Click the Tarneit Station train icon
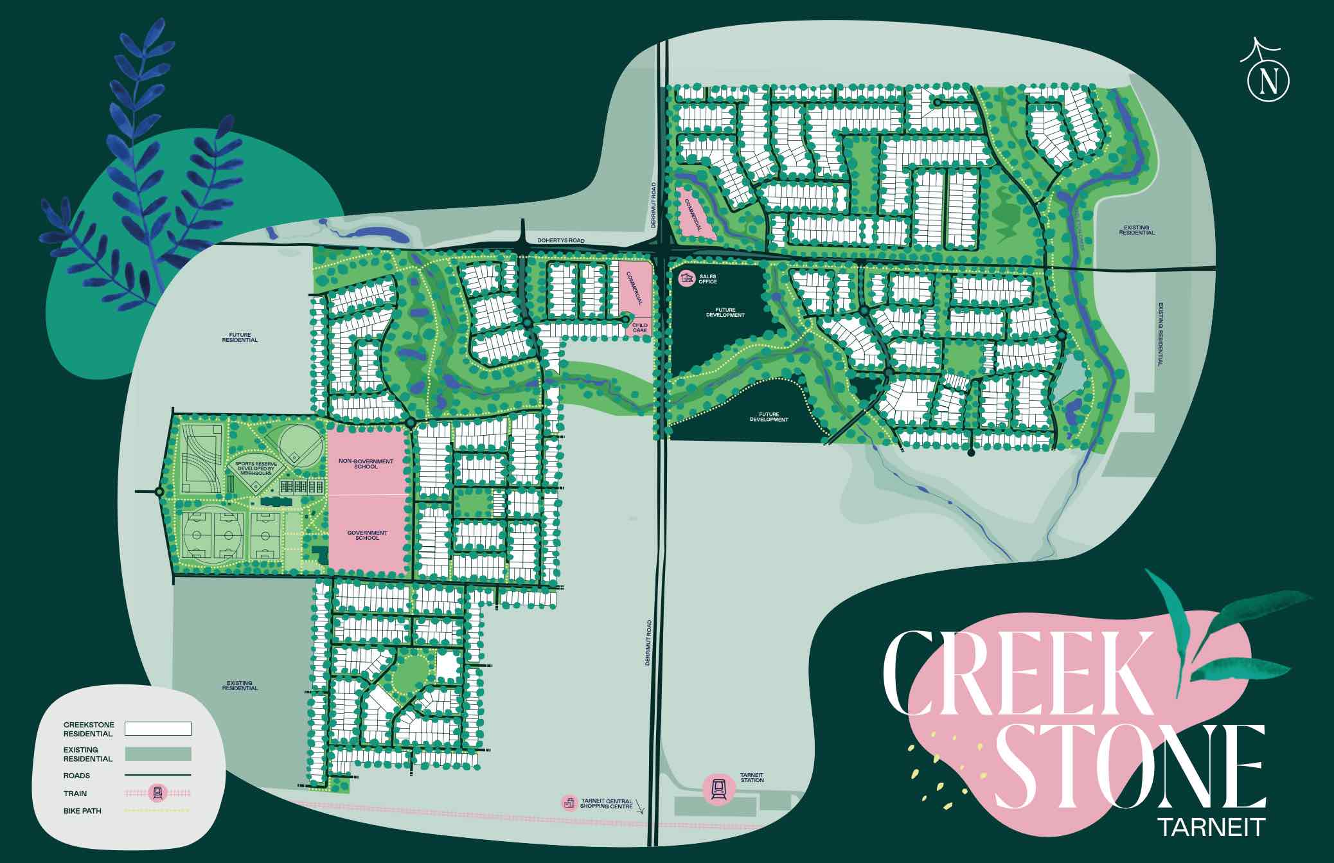tap(717, 788)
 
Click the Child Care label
tap(639, 328)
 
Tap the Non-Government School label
tap(366, 463)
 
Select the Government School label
tap(367, 535)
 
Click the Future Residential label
tap(240, 337)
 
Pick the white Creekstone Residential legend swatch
tap(158, 729)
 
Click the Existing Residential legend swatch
tap(158, 754)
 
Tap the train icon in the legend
tap(157, 794)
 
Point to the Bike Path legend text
tap(82, 811)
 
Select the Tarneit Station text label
tap(752, 778)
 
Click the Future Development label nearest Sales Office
tap(725, 312)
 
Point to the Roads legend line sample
tap(158, 776)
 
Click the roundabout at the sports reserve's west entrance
tap(159, 492)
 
